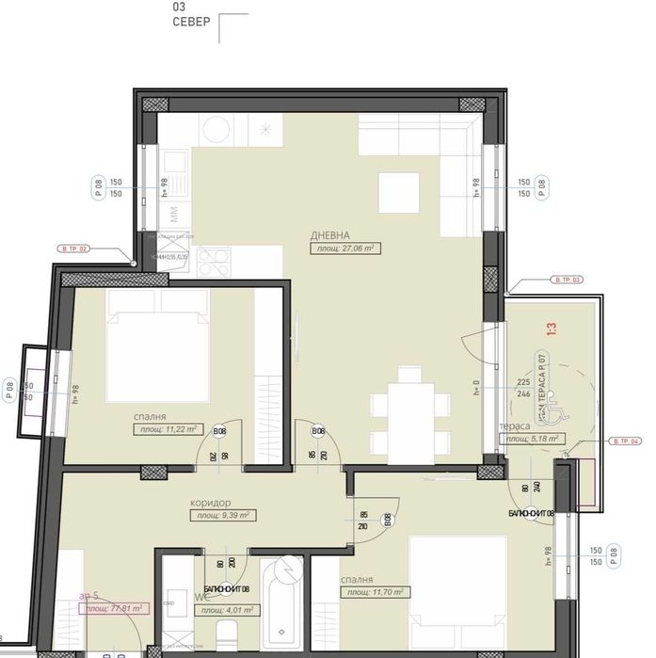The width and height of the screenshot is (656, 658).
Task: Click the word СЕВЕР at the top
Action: [191, 22]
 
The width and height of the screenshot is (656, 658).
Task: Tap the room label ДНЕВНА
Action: [331, 234]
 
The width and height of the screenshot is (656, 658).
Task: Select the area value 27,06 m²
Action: [344, 249]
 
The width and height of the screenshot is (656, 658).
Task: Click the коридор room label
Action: [209, 503]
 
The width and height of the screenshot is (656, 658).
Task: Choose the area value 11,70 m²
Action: [375, 593]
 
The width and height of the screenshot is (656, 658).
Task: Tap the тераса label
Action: [515, 425]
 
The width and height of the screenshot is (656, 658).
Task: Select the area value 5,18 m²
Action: [531, 439]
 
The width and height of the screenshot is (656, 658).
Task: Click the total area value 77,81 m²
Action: [110, 609]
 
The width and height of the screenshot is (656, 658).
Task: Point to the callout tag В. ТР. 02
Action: [74, 249]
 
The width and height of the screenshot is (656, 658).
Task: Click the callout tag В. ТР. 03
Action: [568, 280]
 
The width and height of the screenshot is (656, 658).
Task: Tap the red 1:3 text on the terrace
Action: [552, 329]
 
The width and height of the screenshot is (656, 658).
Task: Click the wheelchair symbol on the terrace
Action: [553, 409]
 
